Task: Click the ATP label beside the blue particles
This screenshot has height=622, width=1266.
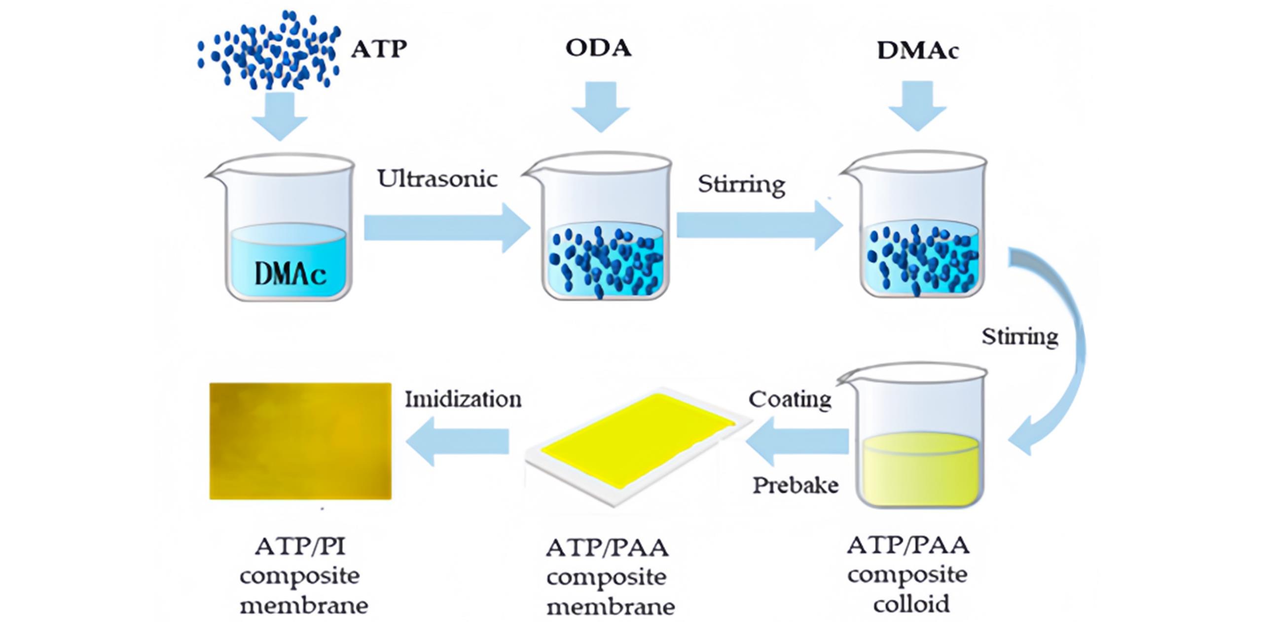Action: click(379, 49)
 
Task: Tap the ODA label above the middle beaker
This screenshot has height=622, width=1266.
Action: click(598, 48)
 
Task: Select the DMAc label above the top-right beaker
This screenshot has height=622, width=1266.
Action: click(917, 50)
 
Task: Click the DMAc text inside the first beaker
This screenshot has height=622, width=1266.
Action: click(290, 273)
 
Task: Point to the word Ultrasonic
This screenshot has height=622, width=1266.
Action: click(437, 179)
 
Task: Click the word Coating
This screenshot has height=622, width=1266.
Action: click(790, 399)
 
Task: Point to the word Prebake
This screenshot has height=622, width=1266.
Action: click(795, 485)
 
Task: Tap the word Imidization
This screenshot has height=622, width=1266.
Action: click(463, 399)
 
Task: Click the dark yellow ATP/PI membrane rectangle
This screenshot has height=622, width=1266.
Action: click(300, 441)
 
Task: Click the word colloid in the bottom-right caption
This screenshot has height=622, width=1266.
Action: click(911, 604)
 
